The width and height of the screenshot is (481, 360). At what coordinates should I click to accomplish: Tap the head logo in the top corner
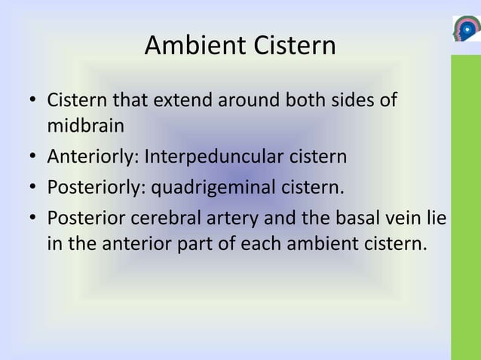465,29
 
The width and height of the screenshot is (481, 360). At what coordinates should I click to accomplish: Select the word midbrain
85,125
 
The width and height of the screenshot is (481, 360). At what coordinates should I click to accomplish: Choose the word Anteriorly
90,157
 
